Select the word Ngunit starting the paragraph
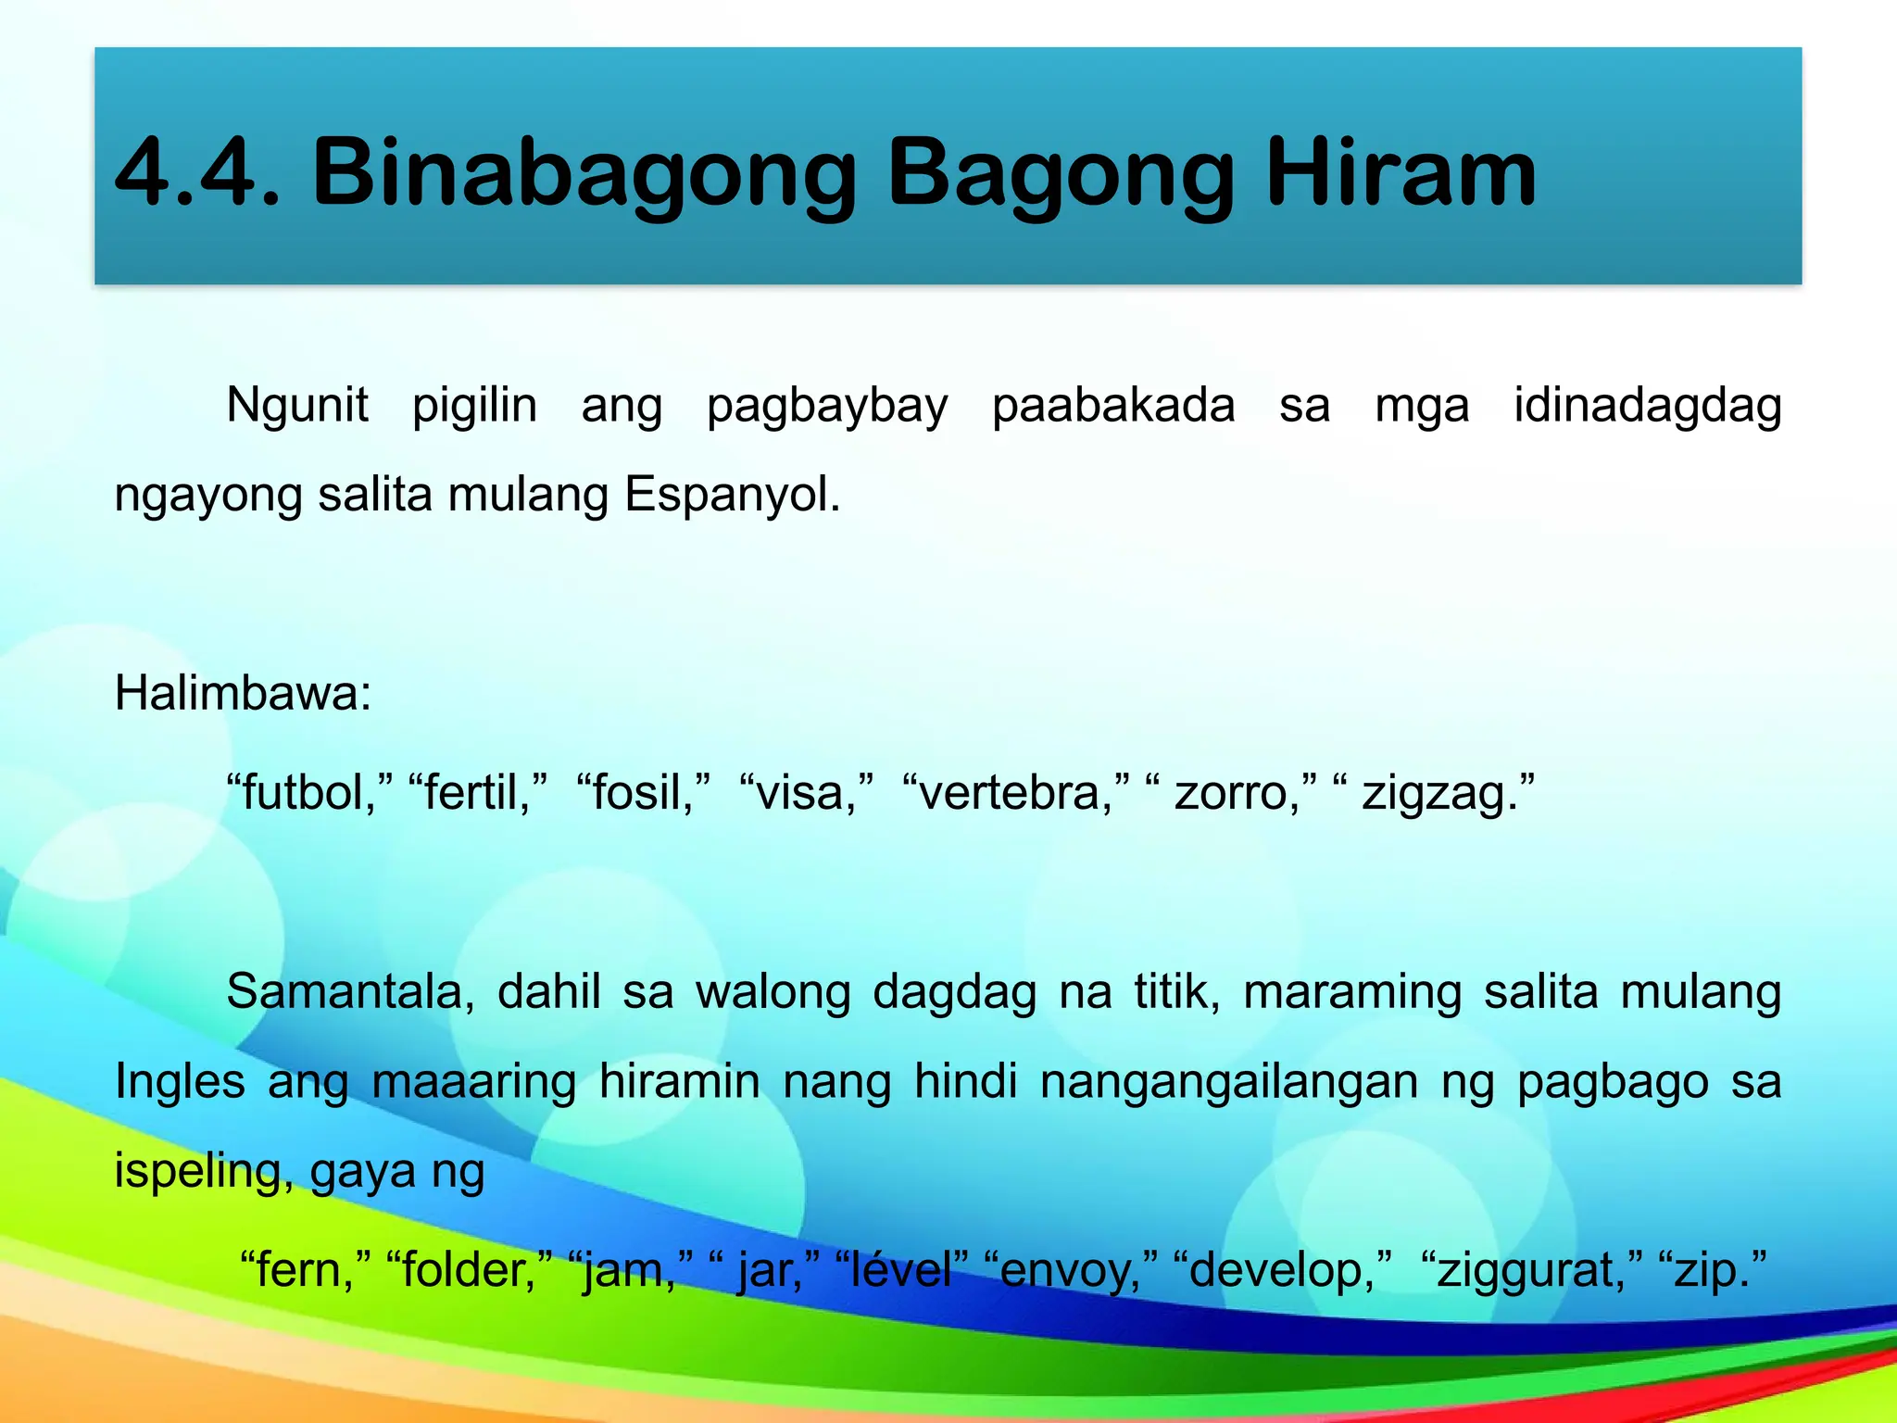[296, 406]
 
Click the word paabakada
[1113, 406]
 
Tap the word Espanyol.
[731, 495]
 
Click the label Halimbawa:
[243, 693]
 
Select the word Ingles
[180, 1082]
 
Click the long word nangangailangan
[1228, 1082]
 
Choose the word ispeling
[203, 1171]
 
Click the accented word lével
[900, 1270]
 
